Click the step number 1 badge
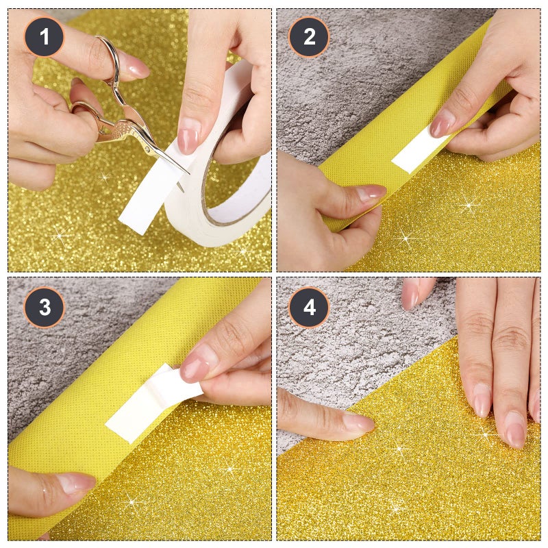tap(45, 36)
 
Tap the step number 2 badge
tap(309, 36)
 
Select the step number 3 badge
tap(45, 307)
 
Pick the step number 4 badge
tap(309, 307)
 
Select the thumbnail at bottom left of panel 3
tap(75, 483)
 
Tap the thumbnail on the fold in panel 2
tap(371, 193)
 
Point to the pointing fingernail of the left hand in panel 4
tap(358, 421)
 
